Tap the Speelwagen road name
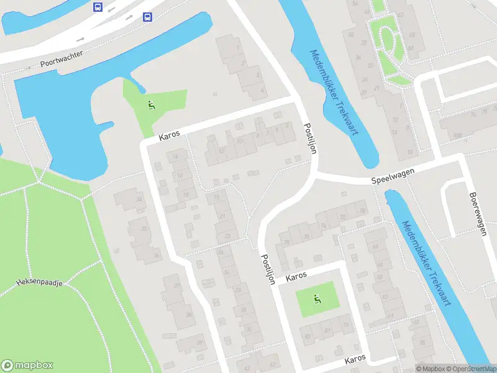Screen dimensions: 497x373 (393, 178)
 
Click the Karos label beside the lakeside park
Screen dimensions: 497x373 (169, 135)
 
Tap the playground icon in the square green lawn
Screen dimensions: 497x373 (317, 300)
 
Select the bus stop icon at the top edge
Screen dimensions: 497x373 (98, 7)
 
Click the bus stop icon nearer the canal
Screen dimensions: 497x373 (147, 17)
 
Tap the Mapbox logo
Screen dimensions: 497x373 (27, 365)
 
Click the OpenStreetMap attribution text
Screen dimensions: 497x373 (470, 369)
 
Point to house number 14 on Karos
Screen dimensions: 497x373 (176, 157)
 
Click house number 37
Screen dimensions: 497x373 (177, 286)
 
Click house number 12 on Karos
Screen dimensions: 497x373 (221, 150)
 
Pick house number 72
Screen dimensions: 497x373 (342, 217)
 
